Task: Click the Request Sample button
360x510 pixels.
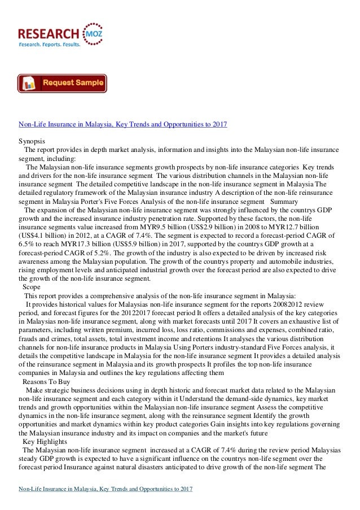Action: click(62, 83)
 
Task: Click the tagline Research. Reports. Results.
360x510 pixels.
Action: click(50, 43)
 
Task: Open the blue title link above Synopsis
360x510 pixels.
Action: click(123, 124)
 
